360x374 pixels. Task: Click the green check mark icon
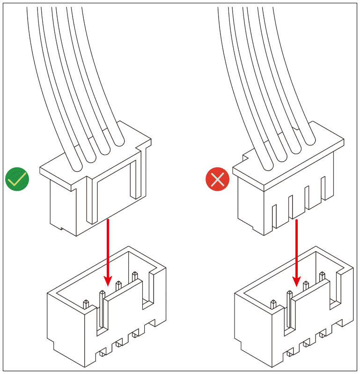coord(17,179)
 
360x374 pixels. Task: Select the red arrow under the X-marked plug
coord(296,253)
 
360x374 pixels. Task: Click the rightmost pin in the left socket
coord(135,276)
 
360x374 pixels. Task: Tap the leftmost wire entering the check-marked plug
coord(75,159)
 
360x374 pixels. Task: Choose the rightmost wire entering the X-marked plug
coord(307,136)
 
